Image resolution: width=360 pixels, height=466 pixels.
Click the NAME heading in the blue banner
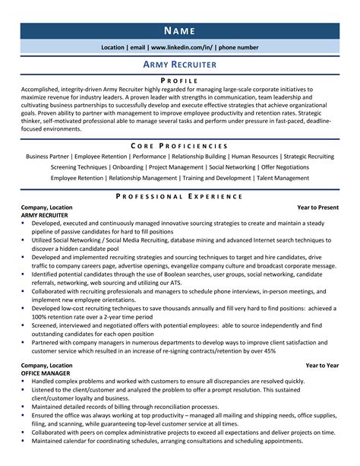[x=180, y=30]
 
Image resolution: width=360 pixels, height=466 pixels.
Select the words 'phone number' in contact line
[x=238, y=47]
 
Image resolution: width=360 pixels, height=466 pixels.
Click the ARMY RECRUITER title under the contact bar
[x=180, y=65]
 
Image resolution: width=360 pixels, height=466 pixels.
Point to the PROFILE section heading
[x=180, y=80]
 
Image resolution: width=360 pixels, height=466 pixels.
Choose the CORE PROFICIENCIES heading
[x=180, y=144]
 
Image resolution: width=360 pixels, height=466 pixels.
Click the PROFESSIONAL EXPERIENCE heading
[x=180, y=195]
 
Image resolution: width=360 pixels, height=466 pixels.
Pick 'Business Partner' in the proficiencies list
[x=47, y=156]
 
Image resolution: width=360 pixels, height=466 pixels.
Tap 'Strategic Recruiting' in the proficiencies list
[x=308, y=156]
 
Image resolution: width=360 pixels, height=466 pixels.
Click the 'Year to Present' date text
[x=318, y=207]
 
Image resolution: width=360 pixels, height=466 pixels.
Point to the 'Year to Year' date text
[x=322, y=365]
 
